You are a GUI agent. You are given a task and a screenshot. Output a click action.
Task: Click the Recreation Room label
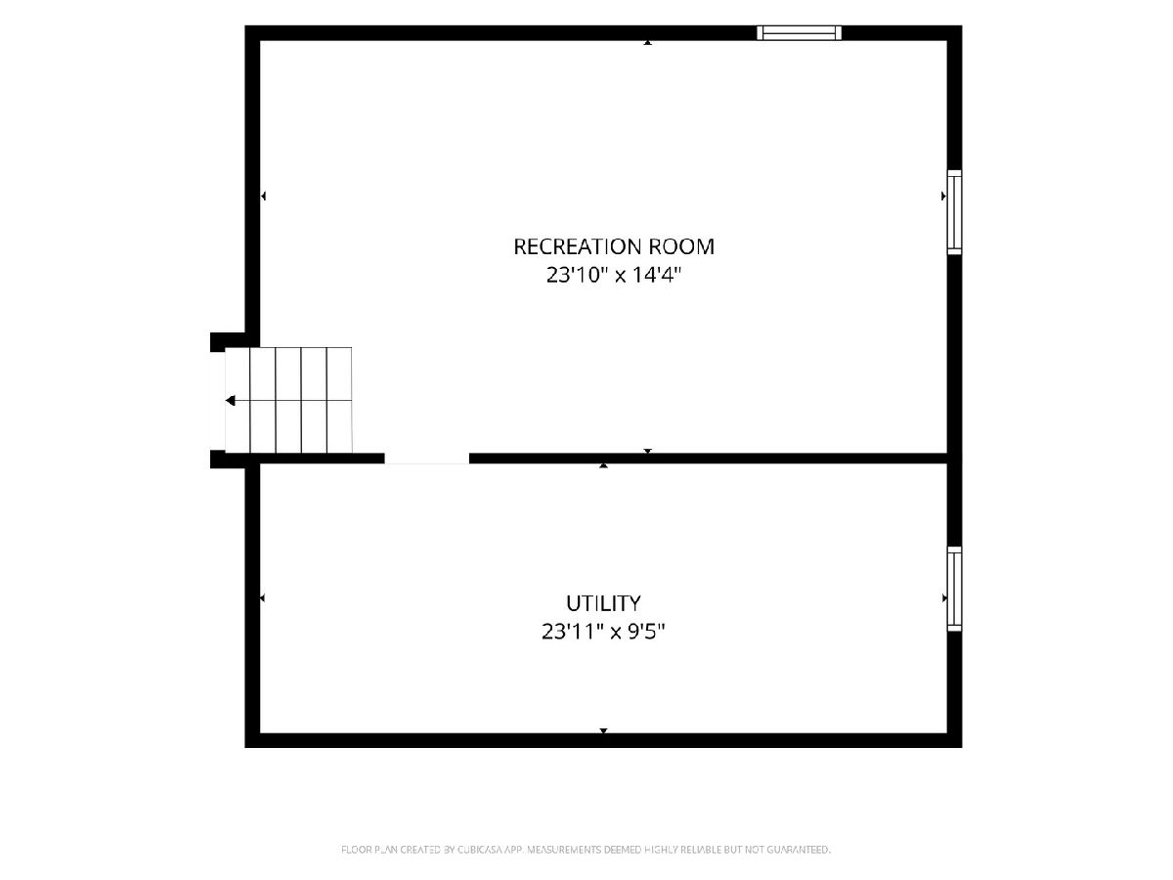point(614,246)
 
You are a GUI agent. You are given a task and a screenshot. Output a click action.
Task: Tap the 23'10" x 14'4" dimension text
point(614,275)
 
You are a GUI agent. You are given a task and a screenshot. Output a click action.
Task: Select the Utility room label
point(603,603)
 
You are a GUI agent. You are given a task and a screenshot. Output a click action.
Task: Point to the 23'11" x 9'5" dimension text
point(603,632)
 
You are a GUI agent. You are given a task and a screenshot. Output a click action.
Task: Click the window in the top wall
point(799,32)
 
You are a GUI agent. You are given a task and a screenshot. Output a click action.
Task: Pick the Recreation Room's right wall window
point(954,212)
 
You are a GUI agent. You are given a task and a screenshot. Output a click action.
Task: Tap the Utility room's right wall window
point(954,589)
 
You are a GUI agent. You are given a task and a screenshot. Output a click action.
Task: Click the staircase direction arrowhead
point(231,400)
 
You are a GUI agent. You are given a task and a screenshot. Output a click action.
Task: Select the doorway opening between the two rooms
point(427,459)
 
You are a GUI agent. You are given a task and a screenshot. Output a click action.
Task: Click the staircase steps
point(288,400)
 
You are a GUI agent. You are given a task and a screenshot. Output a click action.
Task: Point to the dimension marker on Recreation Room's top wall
point(648,42)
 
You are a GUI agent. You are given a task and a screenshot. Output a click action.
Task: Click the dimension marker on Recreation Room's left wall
point(263,197)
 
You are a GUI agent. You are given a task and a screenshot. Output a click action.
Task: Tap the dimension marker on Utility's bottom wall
point(603,730)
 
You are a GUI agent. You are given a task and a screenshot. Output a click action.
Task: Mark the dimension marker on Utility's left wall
point(262,597)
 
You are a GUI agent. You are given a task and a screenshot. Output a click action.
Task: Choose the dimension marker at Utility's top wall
point(603,466)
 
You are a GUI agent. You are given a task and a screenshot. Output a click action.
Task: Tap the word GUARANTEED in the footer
point(799,850)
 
